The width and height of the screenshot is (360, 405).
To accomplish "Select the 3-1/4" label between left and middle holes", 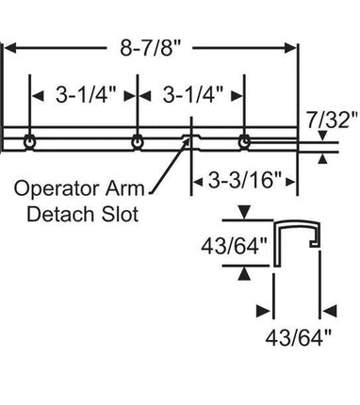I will pos(85,95).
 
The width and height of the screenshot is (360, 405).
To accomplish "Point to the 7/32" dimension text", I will pos(333,120).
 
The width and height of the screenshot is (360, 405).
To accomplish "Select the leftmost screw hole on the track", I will pos(31,141).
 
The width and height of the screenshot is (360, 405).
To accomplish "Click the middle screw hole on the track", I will pos(139,141).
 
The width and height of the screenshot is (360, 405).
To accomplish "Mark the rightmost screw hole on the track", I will pos(245,141).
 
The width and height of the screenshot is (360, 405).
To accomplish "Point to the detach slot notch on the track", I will pos(192,141).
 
